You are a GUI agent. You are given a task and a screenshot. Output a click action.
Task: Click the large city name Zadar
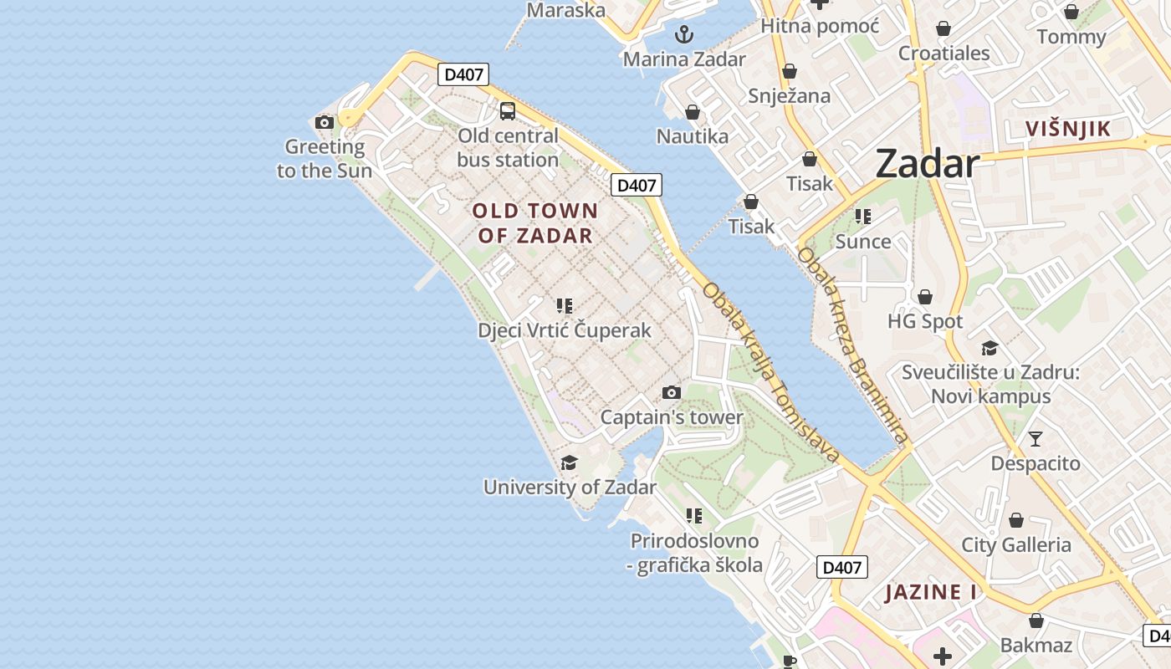[x=927, y=164]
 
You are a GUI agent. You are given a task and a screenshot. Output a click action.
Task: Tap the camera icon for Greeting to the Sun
[x=325, y=123]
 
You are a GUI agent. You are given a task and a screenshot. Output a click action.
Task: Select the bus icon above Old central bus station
[x=508, y=110]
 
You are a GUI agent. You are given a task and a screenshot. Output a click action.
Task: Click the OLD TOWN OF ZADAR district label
[x=535, y=223]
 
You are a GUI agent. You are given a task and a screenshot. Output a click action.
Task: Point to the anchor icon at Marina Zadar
[x=684, y=34]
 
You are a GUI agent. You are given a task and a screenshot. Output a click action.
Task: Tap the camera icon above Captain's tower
[x=671, y=392]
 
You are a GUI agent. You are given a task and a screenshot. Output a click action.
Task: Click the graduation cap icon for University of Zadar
[x=569, y=462]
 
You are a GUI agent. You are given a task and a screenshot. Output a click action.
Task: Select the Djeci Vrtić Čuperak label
[x=565, y=330]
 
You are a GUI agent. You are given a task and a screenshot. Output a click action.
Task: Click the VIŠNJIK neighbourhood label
[x=1068, y=129]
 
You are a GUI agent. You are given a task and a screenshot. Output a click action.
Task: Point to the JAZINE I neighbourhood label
[x=931, y=592]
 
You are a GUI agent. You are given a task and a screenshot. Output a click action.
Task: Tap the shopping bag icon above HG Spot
[x=925, y=297]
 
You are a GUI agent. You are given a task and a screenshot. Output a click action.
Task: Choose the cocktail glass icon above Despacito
[x=1035, y=439]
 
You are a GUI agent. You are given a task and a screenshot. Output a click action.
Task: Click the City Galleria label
[x=1016, y=545]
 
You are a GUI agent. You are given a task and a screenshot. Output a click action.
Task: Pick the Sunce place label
[x=863, y=242]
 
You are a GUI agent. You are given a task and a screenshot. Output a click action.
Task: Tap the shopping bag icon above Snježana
[x=789, y=72]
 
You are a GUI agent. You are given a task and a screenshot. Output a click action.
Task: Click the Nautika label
[x=693, y=136]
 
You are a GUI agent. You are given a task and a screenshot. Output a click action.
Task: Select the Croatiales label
[x=944, y=54]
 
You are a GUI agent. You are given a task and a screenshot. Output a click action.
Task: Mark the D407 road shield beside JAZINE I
[x=841, y=567]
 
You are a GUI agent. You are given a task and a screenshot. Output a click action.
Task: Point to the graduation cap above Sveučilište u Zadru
[x=989, y=348]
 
